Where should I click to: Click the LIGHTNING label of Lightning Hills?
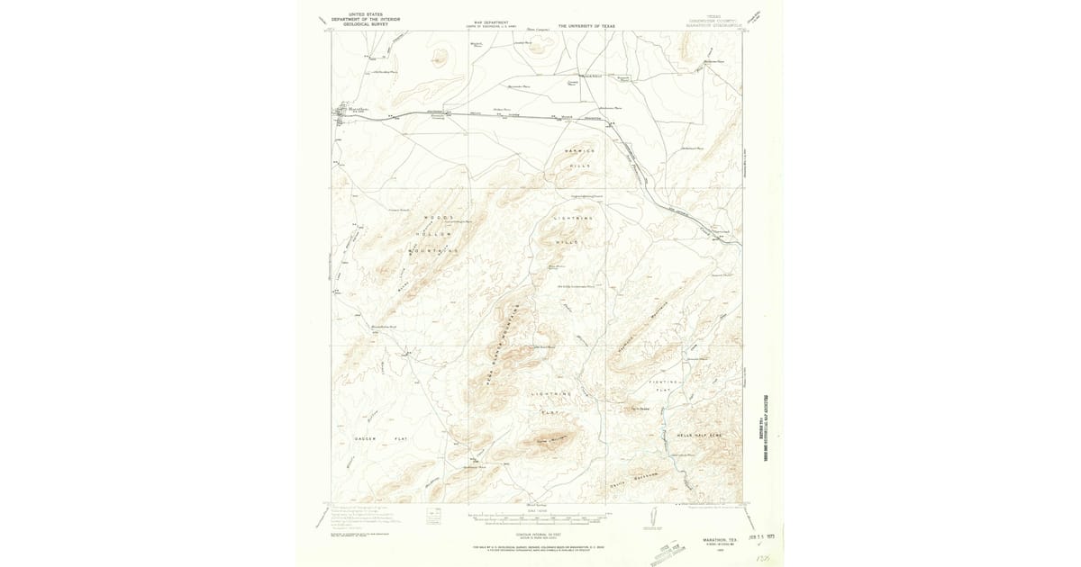pyautogui.click(x=574, y=219)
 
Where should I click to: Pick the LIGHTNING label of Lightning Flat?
pyautogui.click(x=551, y=394)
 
